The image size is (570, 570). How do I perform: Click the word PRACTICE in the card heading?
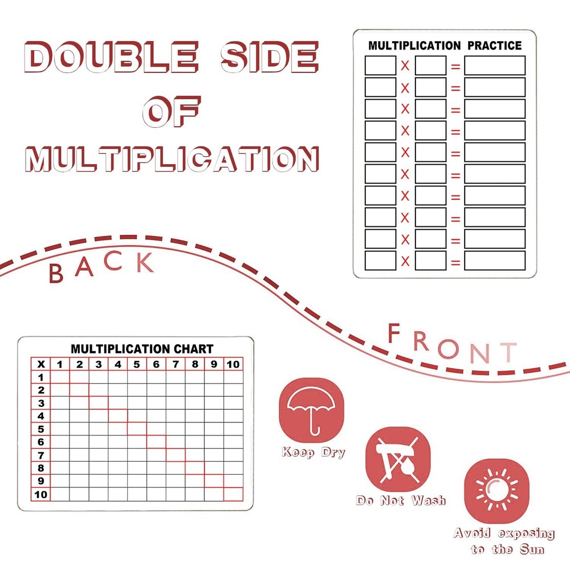(x=494, y=46)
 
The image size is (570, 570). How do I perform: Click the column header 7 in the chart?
(x=175, y=364)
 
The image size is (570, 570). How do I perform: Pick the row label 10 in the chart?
(x=41, y=494)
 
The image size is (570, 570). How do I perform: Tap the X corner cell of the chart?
(x=41, y=364)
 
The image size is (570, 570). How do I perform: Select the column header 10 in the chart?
(x=233, y=364)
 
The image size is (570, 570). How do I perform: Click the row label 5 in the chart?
(x=41, y=429)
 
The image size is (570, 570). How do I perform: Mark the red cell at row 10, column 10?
(x=233, y=494)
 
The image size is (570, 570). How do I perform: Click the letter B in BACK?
(x=56, y=274)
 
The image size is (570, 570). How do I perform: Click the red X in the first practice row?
(x=405, y=66)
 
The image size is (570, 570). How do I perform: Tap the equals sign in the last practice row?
(x=455, y=261)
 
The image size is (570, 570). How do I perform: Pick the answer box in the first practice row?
(x=494, y=66)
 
